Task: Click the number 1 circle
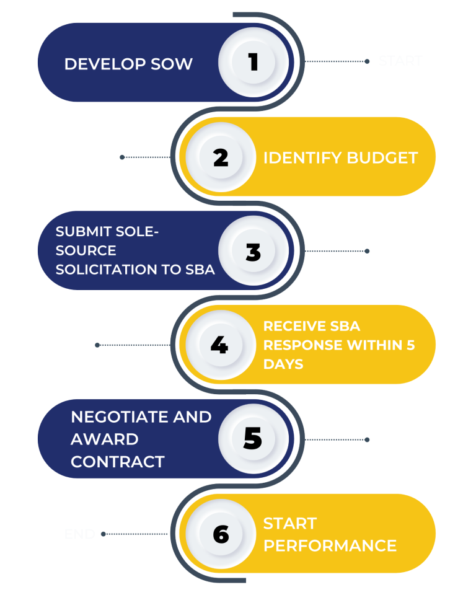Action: click(x=253, y=62)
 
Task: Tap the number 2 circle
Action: click(x=221, y=157)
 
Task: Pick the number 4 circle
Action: click(x=219, y=345)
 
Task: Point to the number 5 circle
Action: click(x=253, y=439)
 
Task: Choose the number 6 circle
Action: click(x=221, y=534)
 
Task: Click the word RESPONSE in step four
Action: click(x=296, y=345)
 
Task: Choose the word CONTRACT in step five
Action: click(x=118, y=462)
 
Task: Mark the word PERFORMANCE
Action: click(x=330, y=545)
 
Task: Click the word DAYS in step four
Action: click(x=283, y=364)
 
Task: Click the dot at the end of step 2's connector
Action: click(x=122, y=157)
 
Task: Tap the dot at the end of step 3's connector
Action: click(x=367, y=251)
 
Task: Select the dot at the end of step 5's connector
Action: click(x=367, y=439)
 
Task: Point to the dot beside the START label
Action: click(x=367, y=61)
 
